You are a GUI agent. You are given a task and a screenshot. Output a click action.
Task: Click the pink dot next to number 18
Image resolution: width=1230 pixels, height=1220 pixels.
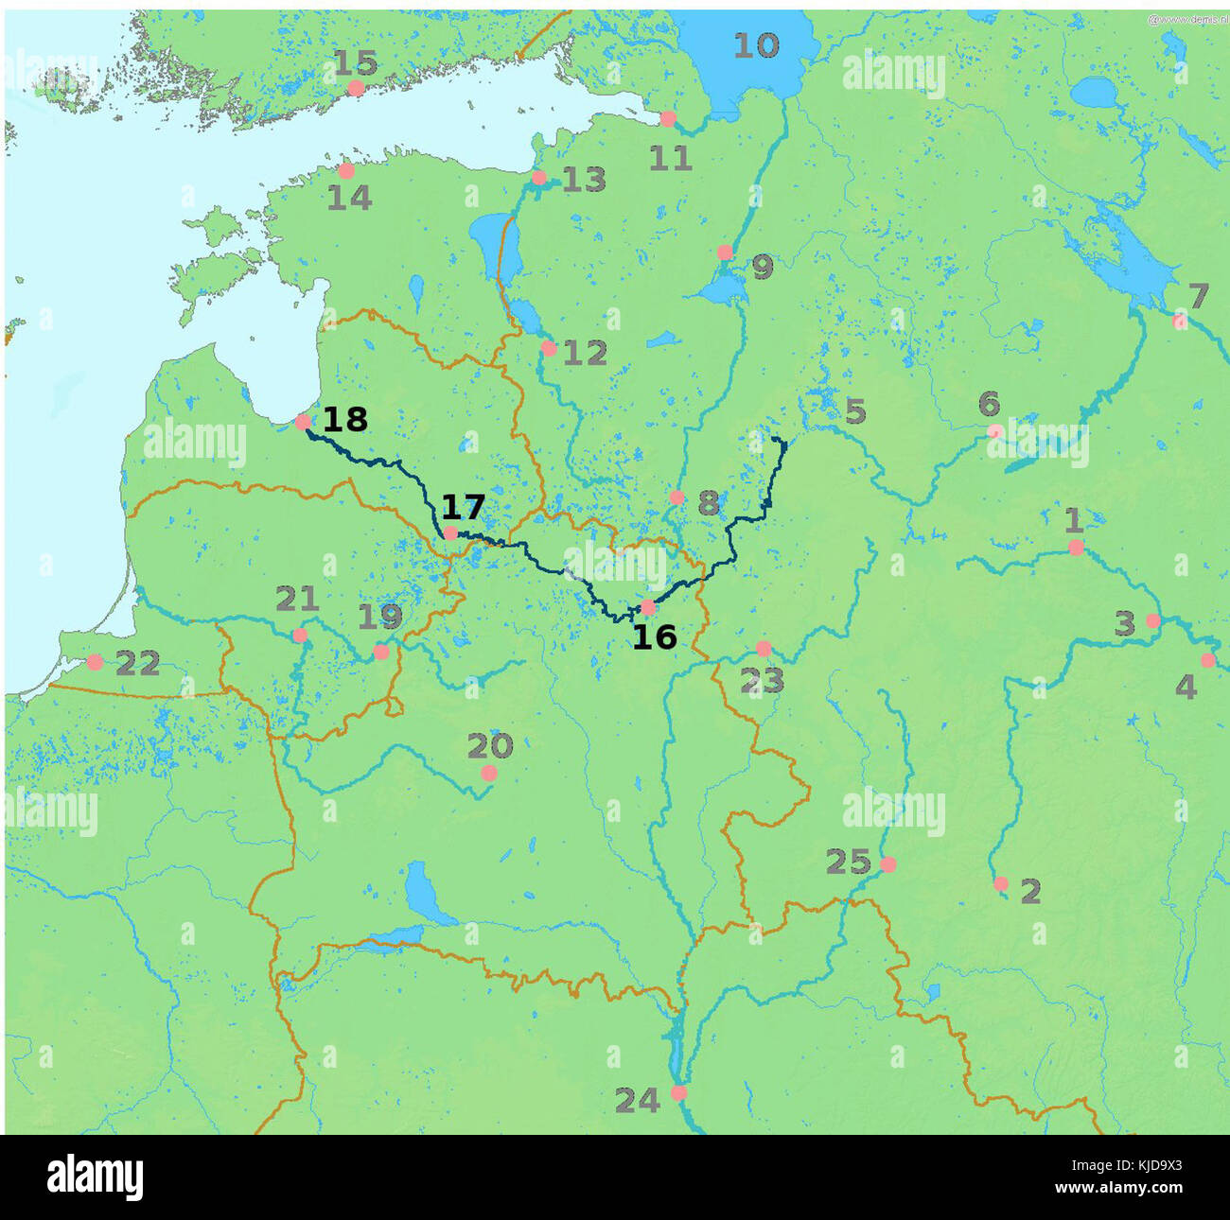coord(303,422)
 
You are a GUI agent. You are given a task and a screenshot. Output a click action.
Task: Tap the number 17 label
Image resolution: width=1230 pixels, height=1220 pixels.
coord(463,508)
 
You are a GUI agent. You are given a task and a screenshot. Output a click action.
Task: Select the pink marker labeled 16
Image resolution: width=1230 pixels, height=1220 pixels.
coord(648,607)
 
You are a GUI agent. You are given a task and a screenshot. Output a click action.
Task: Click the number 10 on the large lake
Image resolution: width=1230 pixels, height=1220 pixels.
coord(756,45)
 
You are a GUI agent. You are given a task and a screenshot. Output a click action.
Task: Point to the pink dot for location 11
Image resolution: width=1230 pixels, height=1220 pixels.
coord(668,118)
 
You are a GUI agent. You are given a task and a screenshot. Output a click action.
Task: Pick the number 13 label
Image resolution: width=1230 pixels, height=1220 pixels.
coord(584,180)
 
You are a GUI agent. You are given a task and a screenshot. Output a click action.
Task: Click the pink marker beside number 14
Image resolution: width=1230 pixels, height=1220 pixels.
coord(346,171)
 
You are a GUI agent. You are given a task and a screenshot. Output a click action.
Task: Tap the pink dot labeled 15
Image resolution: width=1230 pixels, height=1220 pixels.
coord(356,88)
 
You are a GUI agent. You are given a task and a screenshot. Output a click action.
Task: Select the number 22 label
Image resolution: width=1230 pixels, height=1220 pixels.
coord(138,663)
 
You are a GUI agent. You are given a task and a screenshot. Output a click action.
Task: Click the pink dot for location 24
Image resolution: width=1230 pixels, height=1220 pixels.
coord(678,1092)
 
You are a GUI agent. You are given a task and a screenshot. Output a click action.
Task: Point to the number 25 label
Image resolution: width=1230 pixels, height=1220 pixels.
coord(848,862)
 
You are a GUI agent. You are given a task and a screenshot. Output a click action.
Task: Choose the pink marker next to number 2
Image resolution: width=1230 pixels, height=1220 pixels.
coord(1001,884)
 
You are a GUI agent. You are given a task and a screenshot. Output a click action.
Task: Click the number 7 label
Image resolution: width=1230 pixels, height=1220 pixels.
coord(1198,296)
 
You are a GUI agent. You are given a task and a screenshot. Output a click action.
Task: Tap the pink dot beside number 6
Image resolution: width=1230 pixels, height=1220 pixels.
coord(994,431)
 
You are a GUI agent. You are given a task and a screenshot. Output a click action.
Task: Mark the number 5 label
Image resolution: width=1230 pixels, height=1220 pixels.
coord(854,411)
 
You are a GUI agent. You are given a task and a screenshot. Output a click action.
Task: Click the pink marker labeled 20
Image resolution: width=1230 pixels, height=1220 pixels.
coord(488,774)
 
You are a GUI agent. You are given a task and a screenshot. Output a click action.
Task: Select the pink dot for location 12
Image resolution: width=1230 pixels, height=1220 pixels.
coord(548,348)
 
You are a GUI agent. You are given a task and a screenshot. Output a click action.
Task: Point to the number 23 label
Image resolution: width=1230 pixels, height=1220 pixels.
coord(762,679)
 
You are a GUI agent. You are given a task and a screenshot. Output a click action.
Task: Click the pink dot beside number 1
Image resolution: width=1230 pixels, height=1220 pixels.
coord(1076,548)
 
